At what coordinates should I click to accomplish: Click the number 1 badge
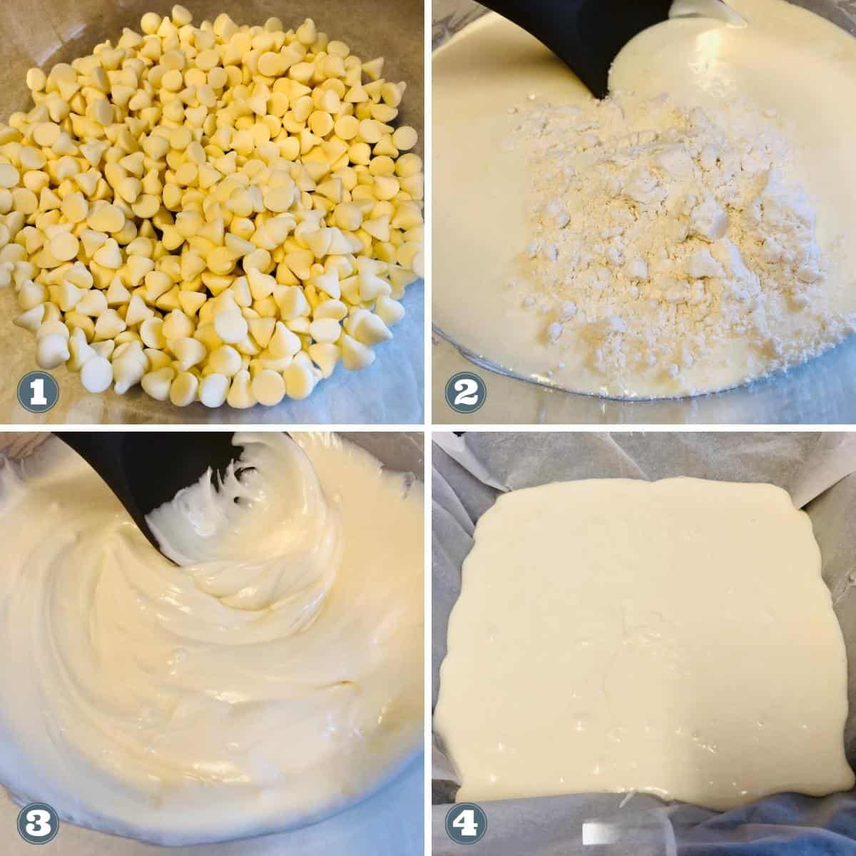(38, 391)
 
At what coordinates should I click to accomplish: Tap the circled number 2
(465, 391)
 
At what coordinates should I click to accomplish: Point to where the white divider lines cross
(428, 428)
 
